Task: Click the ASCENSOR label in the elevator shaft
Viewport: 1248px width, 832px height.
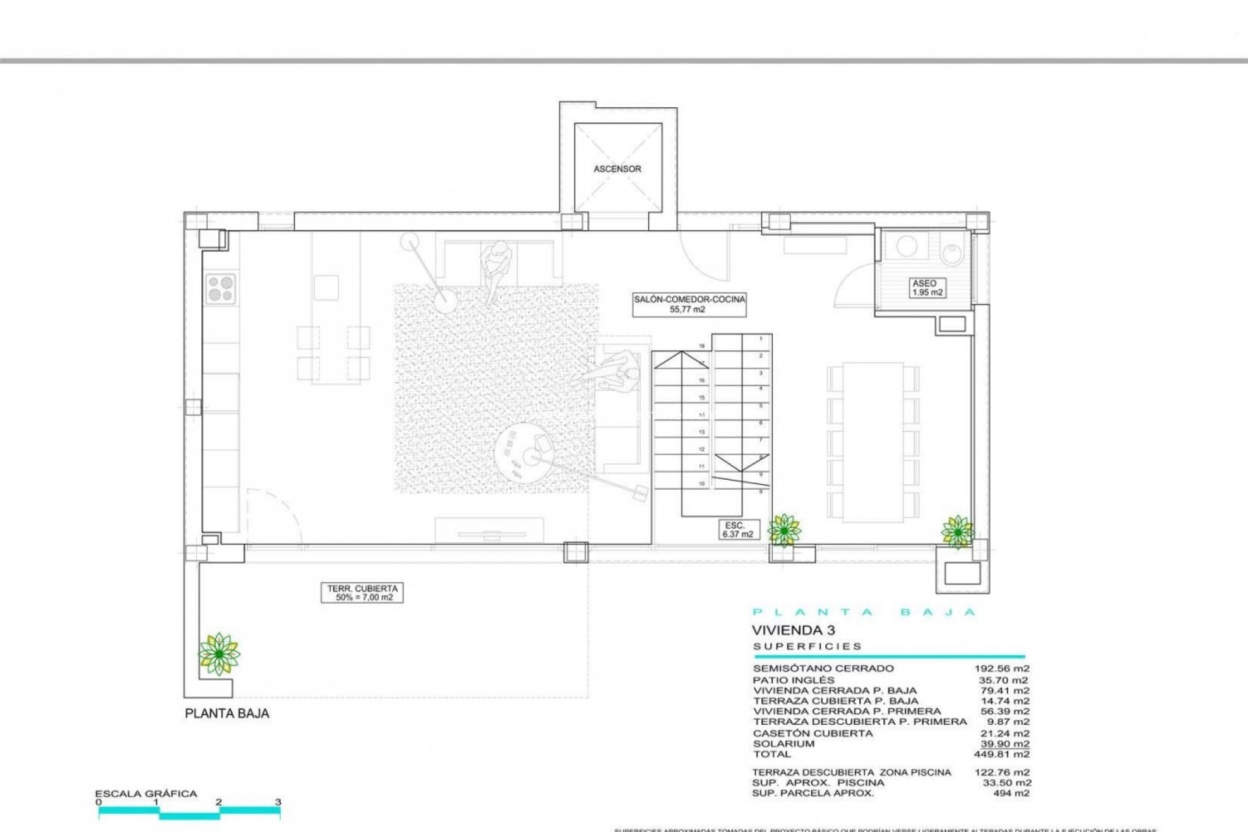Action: [x=617, y=169]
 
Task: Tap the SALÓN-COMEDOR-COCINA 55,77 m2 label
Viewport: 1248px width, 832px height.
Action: [x=690, y=304]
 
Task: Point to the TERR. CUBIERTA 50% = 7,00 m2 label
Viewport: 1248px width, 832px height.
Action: [x=361, y=593]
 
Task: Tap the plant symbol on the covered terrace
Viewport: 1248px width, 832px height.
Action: [x=219, y=653]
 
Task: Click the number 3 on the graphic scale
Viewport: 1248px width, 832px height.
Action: [x=278, y=802]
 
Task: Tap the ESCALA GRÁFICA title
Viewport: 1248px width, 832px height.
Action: [x=146, y=794]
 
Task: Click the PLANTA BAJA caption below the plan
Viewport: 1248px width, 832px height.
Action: [x=227, y=714]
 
